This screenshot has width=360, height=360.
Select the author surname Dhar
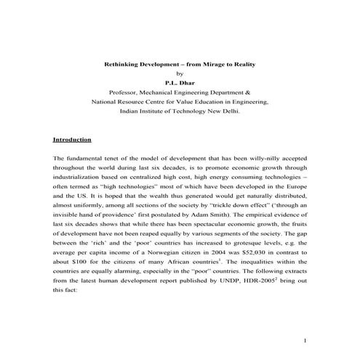[187, 84]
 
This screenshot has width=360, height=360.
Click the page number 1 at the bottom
[306, 340]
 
